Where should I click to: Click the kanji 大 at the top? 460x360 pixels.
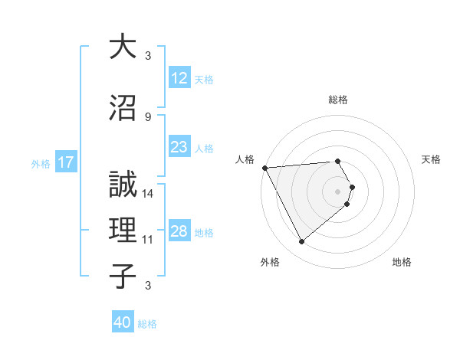click(123, 47)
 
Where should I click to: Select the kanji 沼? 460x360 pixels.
click(123, 107)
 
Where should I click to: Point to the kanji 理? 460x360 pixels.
click(123, 230)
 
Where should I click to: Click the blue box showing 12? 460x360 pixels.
click(179, 79)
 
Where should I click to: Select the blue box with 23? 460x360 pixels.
click(179, 148)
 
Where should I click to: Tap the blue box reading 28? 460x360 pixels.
click(179, 232)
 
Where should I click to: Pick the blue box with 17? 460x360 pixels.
click(65, 162)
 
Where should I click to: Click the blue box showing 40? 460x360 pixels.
click(123, 322)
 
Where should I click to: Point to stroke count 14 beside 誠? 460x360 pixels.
click(149, 194)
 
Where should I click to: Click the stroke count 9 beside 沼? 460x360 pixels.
click(148, 116)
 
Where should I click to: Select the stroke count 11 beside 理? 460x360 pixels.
click(149, 240)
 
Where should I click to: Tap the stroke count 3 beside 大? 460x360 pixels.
click(148, 56)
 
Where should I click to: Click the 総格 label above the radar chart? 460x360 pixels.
click(338, 100)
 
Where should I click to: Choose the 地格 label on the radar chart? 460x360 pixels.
click(402, 262)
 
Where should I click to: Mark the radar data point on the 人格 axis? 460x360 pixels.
click(264, 168)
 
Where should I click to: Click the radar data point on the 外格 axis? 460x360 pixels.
click(301, 242)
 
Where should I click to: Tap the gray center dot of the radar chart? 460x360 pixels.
click(338, 191)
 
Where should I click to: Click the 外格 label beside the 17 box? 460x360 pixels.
click(41, 163)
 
